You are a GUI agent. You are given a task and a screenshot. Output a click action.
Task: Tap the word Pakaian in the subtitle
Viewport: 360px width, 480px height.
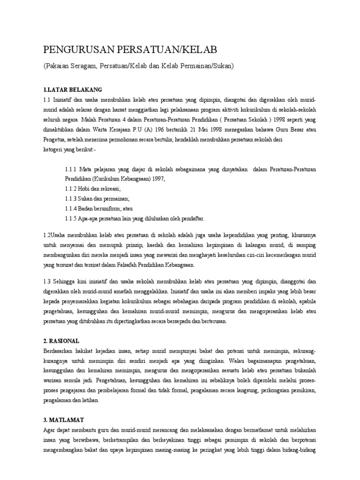click(60, 66)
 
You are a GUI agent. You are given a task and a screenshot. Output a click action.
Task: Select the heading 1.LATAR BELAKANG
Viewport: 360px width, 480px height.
click(72, 90)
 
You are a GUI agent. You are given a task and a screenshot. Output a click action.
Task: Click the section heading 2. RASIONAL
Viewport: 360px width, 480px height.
click(62, 341)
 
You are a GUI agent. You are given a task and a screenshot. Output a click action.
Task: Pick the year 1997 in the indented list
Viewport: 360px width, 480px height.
click(158, 179)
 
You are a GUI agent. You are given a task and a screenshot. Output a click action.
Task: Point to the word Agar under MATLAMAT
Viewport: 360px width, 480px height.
click(49, 429)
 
